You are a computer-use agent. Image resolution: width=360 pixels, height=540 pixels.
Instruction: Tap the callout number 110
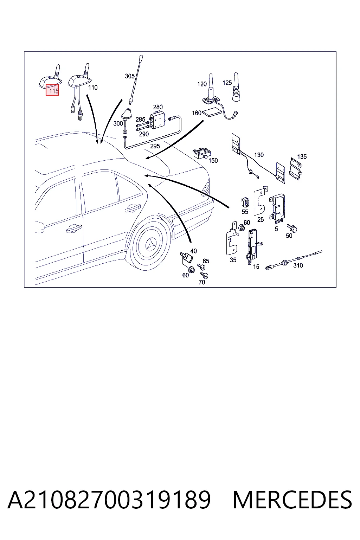coord(93,87)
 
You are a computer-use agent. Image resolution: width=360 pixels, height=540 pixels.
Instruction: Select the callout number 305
coord(129,76)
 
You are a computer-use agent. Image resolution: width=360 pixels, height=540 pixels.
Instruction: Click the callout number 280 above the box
coord(158,107)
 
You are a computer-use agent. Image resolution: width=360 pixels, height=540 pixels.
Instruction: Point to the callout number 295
coord(155,146)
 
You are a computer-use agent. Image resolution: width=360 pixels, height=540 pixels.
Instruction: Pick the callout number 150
coord(213,161)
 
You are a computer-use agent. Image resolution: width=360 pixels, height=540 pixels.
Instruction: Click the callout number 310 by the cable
coord(298,265)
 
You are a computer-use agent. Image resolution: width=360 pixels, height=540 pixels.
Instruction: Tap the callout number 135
coord(302,157)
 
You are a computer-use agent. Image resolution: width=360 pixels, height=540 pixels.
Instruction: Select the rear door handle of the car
coord(133,208)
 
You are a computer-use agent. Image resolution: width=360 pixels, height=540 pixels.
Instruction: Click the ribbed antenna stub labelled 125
coord(236,87)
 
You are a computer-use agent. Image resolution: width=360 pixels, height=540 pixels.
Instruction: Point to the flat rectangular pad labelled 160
coord(212,113)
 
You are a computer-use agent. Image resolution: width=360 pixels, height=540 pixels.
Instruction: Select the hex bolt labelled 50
coord(292,228)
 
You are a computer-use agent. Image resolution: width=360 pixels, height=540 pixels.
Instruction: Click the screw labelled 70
coord(205,275)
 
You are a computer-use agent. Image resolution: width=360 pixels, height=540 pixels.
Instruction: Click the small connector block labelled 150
coord(202,154)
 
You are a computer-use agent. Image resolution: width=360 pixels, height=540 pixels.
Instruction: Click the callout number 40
coord(193,251)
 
